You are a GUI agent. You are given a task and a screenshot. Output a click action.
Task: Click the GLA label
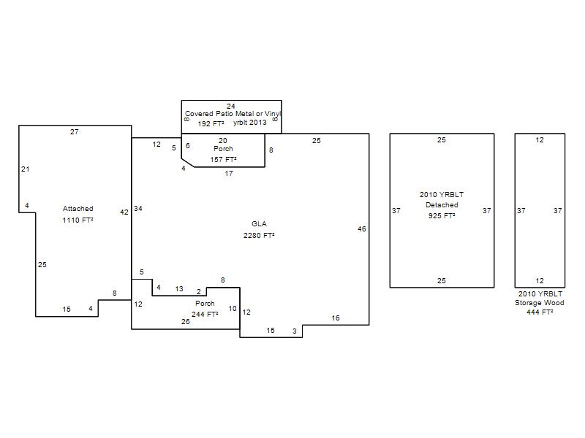pyautogui.click(x=259, y=224)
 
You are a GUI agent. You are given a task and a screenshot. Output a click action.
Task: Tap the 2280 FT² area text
pyautogui.click(x=259, y=235)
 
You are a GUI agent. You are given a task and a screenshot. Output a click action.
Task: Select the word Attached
pyautogui.click(x=78, y=209)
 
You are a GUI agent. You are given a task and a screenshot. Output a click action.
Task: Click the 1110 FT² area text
pyautogui.click(x=78, y=220)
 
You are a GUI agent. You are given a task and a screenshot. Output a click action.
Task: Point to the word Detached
pyautogui.click(x=442, y=205)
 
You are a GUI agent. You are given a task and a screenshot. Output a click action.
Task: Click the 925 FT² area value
pyautogui.click(x=442, y=215)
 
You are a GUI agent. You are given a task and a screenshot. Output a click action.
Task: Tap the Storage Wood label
pyautogui.click(x=540, y=303)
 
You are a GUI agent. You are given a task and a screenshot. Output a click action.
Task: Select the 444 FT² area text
pyautogui.click(x=540, y=312)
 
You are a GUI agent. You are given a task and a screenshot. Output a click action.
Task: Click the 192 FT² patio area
pyautogui.click(x=211, y=123)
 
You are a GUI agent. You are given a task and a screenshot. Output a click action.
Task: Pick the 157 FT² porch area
pyautogui.click(x=223, y=159)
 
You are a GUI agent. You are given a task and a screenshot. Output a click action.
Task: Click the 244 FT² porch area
pyautogui.click(x=205, y=315)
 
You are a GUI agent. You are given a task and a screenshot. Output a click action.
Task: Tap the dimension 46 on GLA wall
pyautogui.click(x=362, y=229)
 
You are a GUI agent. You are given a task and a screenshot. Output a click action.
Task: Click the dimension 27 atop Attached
pyautogui.click(x=75, y=132)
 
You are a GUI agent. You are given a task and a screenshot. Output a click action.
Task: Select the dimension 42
pyautogui.click(x=124, y=212)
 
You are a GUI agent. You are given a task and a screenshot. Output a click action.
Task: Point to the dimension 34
pyautogui.click(x=138, y=209)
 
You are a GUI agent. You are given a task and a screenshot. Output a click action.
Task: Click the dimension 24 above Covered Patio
pyautogui.click(x=231, y=106)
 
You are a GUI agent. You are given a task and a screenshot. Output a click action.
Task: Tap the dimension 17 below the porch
pyautogui.click(x=229, y=174)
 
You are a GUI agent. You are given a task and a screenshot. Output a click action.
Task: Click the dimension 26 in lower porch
pyautogui.click(x=186, y=322)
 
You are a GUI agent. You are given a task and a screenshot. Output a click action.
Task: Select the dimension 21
pyautogui.click(x=26, y=169)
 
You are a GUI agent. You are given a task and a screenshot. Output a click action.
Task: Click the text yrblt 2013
pyautogui.click(x=250, y=123)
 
